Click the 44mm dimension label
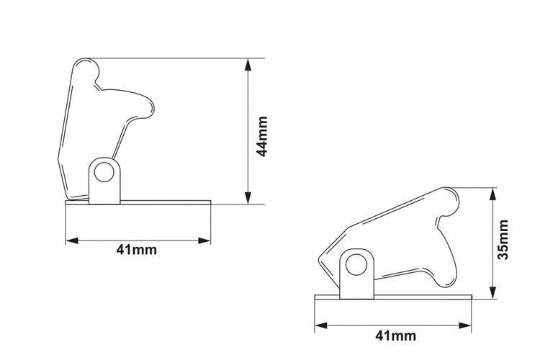[x=263, y=136]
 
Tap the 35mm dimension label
[x=503, y=240]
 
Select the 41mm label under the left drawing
[x=136, y=249]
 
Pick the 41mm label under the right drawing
[x=396, y=336]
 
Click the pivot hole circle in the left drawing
[x=104, y=172]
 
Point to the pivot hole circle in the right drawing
[x=356, y=265]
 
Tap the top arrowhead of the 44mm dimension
[x=248, y=65]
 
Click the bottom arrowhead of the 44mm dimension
[x=248, y=198]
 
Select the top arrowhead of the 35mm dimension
[x=493, y=194]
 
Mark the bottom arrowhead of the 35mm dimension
[x=493, y=292]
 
